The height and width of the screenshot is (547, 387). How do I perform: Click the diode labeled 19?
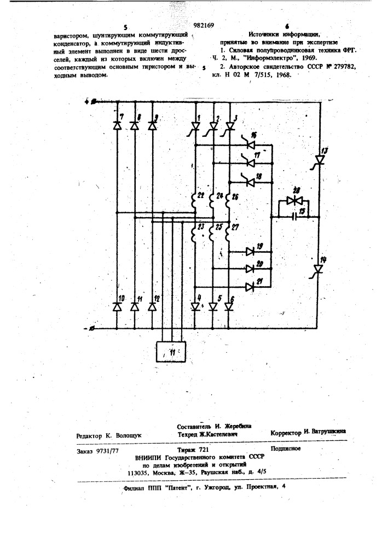pyautogui.click(x=251, y=252)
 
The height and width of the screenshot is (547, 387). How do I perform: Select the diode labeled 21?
pyautogui.click(x=251, y=286)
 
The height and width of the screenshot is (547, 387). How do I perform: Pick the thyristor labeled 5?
pyautogui.click(x=213, y=306)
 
